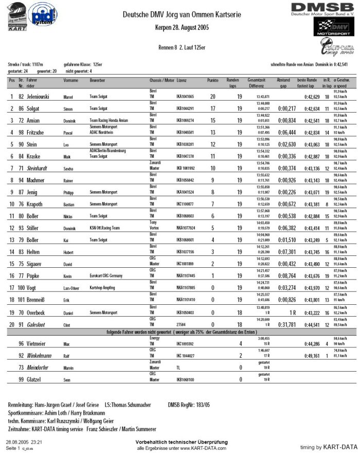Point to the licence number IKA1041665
(x=185, y=97)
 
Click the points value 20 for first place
(x=213, y=97)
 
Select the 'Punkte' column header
(x=213, y=81)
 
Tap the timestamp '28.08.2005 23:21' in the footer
(x=24, y=442)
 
